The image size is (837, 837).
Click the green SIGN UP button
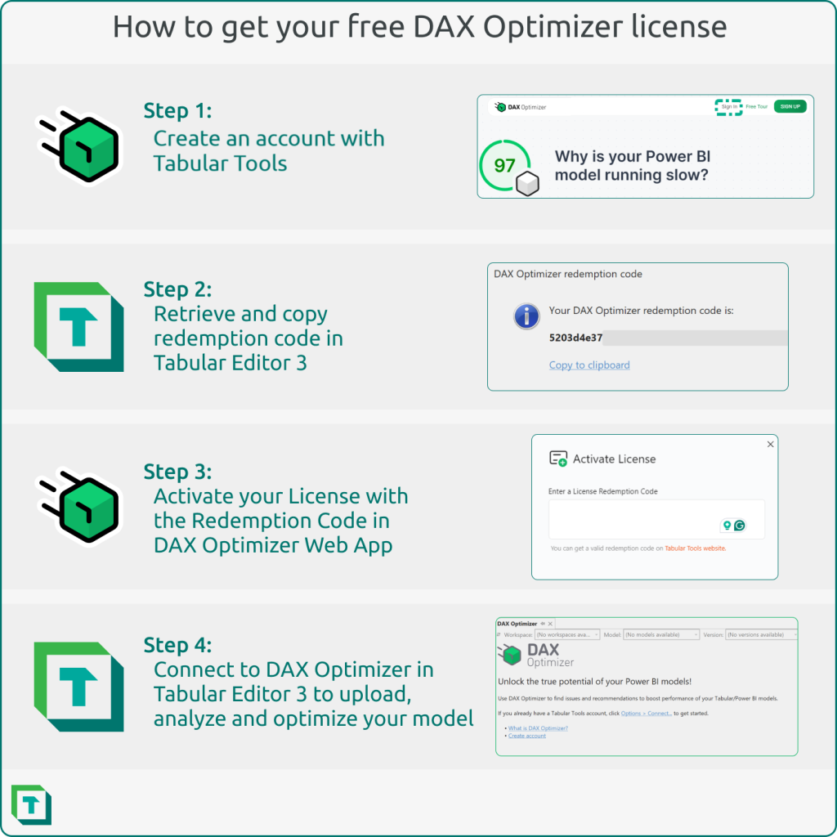[x=790, y=106]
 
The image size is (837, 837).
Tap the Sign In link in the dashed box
[x=729, y=107]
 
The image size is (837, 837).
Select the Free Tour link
[x=757, y=107]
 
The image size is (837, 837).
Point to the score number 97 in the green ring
[x=505, y=166]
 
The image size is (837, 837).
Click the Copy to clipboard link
[x=589, y=365]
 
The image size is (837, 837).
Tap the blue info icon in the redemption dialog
[x=526, y=316]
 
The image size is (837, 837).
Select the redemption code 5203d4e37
[x=575, y=338]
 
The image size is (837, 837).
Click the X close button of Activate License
[x=770, y=444]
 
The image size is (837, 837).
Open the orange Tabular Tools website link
[x=695, y=548]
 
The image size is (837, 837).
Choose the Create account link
[x=527, y=736]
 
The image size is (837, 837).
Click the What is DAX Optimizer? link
[x=538, y=728]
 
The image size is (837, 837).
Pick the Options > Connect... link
[x=646, y=714]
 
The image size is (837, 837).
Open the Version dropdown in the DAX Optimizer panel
[x=761, y=634]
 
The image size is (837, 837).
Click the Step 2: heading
[x=177, y=289]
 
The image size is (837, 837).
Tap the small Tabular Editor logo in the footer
[x=31, y=804]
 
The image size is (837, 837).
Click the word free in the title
[x=365, y=27]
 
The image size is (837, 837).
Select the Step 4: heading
[x=178, y=645]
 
